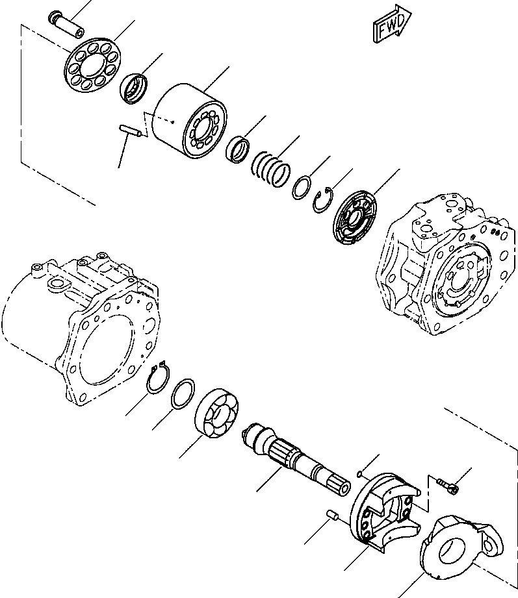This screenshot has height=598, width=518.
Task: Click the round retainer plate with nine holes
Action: pyautogui.click(x=94, y=65)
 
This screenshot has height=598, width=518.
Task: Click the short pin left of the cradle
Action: pyautogui.click(x=332, y=516)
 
